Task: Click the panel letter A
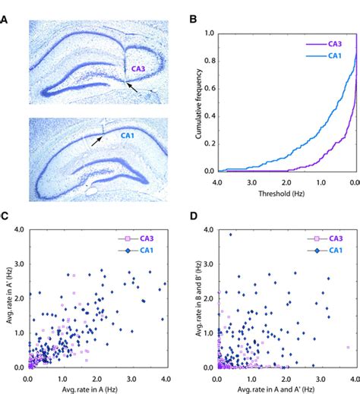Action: pos(6,8)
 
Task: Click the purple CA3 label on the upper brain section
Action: pos(139,69)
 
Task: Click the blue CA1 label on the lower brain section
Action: pos(130,136)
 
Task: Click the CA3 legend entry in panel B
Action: pos(334,44)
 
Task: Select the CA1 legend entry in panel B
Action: pos(334,55)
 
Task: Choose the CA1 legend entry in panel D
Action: pos(334,248)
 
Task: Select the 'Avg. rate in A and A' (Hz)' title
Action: pos(286,387)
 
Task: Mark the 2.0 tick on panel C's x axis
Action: pos(96,376)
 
